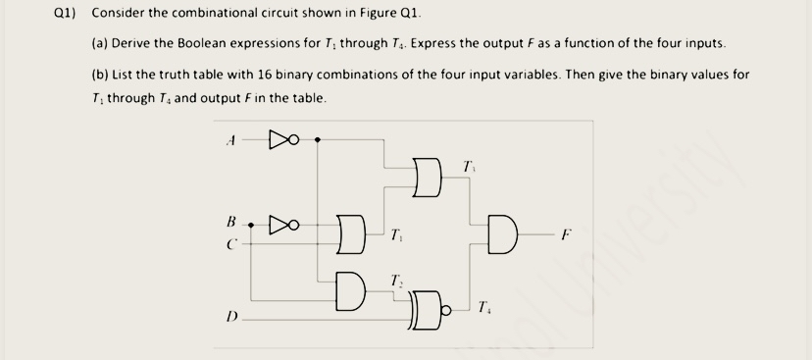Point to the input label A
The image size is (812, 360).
tap(230, 139)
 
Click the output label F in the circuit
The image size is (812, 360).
tap(562, 235)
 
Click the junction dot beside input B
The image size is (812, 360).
tap(252, 225)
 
